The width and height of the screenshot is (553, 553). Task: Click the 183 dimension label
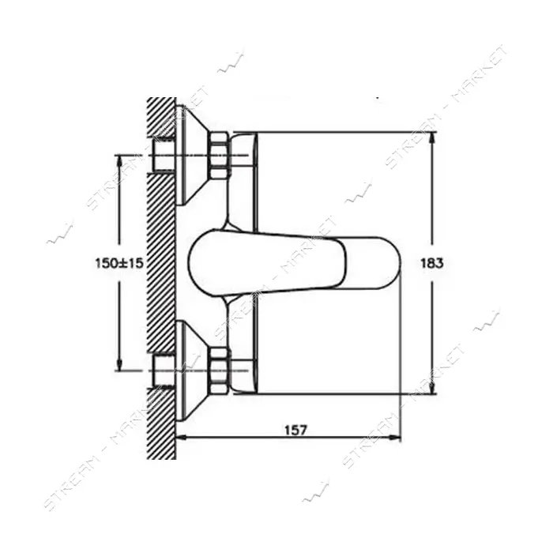[x=431, y=263]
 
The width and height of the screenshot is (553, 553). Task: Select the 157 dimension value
[x=296, y=431]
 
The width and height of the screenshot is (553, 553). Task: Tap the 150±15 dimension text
[x=119, y=263]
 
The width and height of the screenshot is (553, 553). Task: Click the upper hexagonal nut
[x=220, y=155]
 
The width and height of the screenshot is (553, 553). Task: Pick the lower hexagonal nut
[x=220, y=371]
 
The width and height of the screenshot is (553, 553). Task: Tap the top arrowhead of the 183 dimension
[x=431, y=137]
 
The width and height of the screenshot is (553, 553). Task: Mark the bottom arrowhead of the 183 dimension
[x=431, y=389]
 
